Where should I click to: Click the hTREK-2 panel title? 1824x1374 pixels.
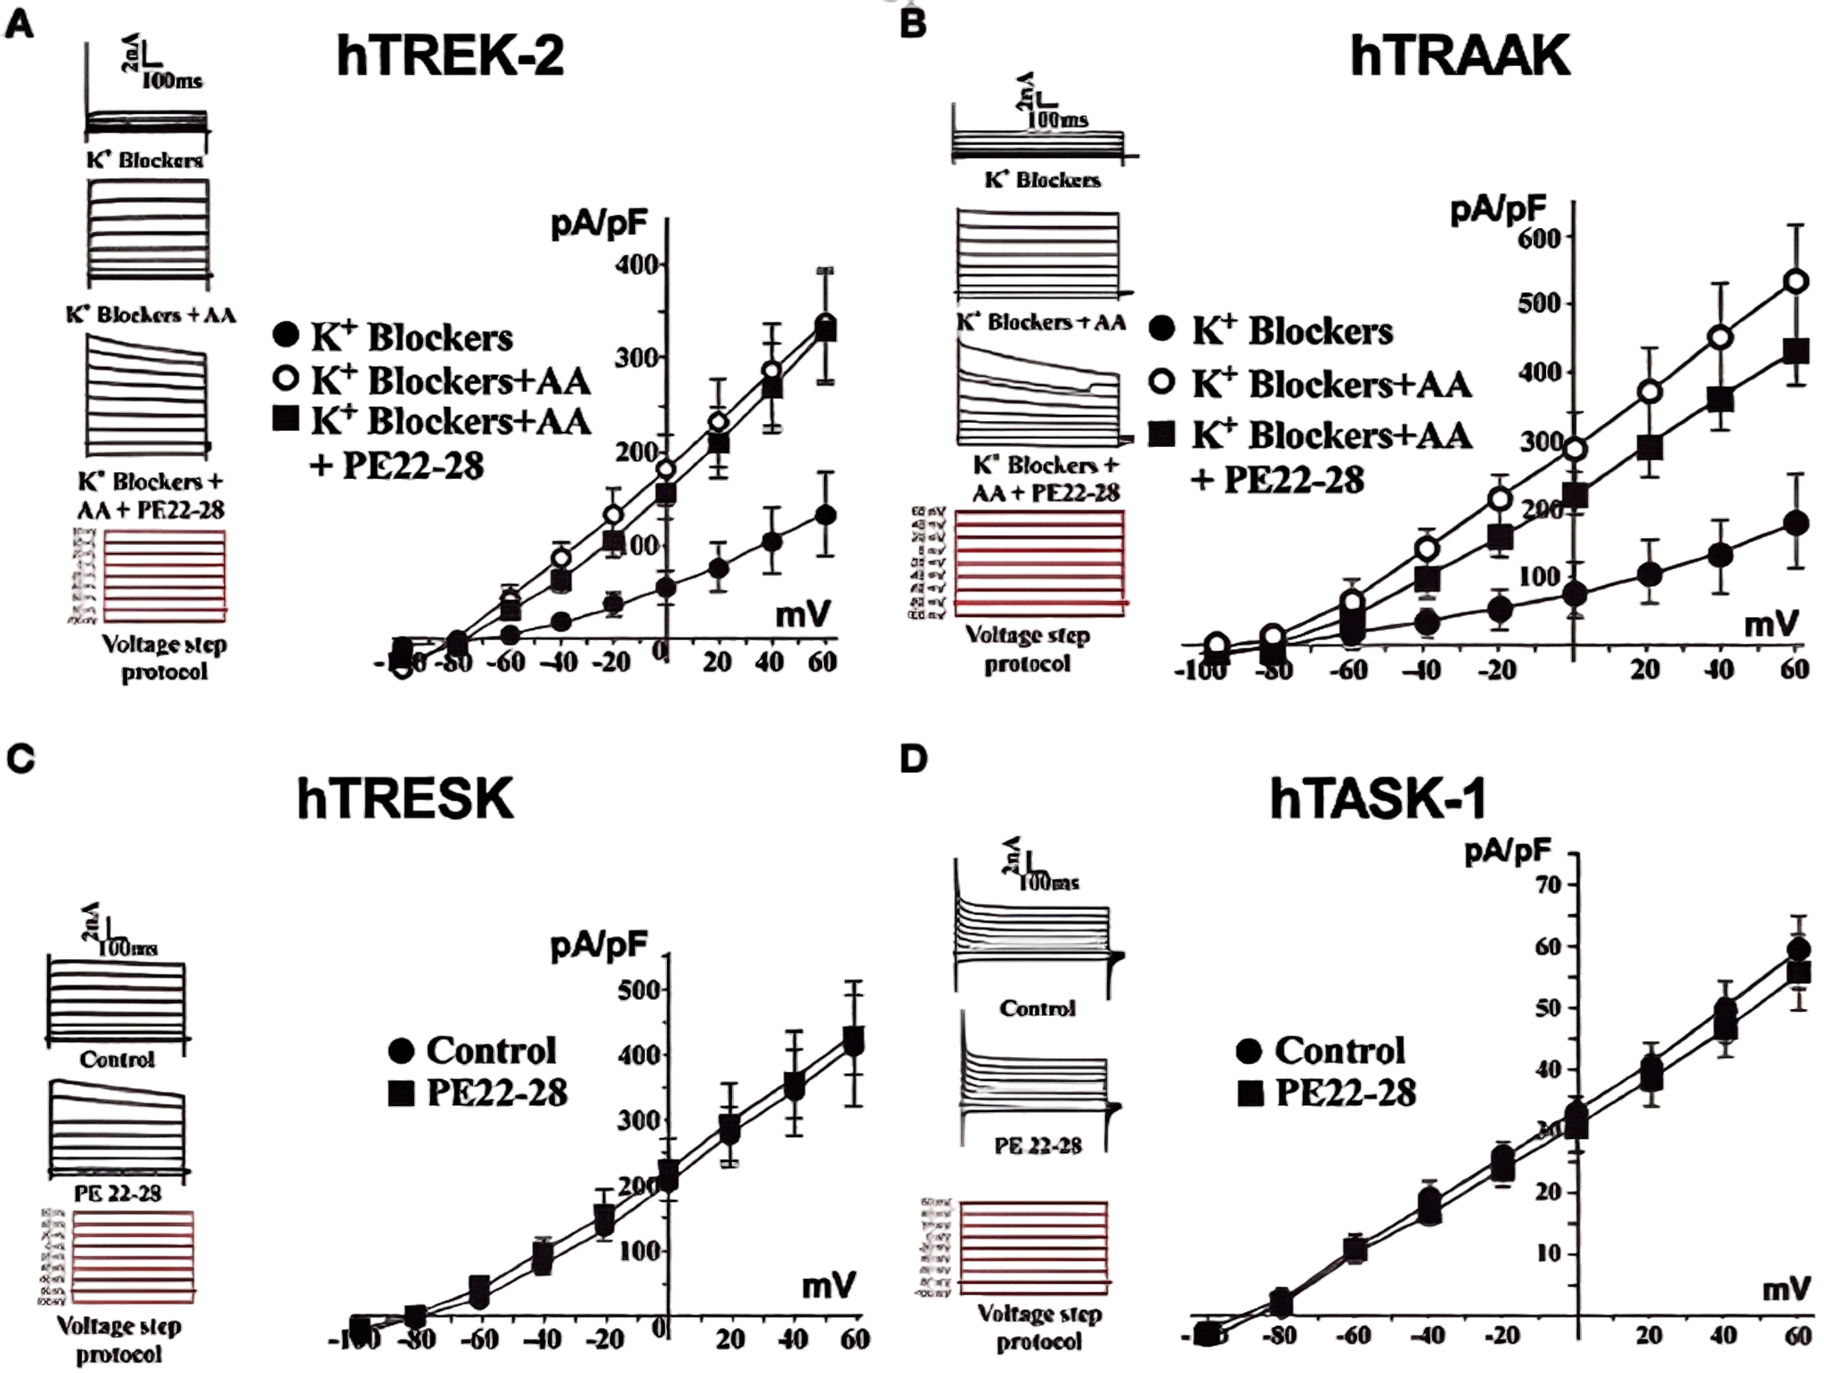pyautogui.click(x=450, y=56)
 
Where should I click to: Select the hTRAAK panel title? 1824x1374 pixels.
pyautogui.click(x=1460, y=56)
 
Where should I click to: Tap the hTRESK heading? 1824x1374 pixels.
pyautogui.click(x=405, y=798)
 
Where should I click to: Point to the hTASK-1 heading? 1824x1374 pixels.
pyautogui.click(x=1378, y=799)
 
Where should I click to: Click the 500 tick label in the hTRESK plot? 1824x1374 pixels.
pyautogui.click(x=638, y=989)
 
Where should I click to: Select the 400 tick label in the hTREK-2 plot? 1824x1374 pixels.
pyautogui.click(x=638, y=264)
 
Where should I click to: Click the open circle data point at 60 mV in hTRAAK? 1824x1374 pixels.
pyautogui.click(x=1797, y=282)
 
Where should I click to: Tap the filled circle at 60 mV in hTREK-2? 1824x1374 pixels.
pyautogui.click(x=826, y=515)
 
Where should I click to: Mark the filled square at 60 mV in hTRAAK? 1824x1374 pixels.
pyautogui.click(x=1797, y=351)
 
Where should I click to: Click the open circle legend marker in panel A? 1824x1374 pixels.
pyautogui.click(x=286, y=378)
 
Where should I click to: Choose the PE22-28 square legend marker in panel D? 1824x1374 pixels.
pyautogui.click(x=1250, y=1093)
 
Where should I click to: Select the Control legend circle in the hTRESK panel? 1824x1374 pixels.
pyautogui.click(x=401, y=1051)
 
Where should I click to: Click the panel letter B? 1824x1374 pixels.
pyautogui.click(x=912, y=24)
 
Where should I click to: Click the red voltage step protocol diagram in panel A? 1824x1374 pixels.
pyautogui.click(x=165, y=576)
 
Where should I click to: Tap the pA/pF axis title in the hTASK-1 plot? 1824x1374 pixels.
pyautogui.click(x=1507, y=853)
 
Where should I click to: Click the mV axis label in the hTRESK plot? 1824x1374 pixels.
pyautogui.click(x=828, y=1286)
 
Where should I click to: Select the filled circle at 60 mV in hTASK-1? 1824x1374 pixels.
pyautogui.click(x=1798, y=949)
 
